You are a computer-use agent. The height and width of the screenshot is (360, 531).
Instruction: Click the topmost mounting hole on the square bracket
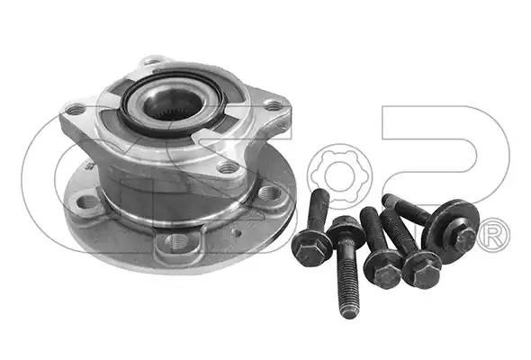[x=152, y=61]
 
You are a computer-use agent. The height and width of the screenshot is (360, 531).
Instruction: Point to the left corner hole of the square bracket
[x=76, y=109]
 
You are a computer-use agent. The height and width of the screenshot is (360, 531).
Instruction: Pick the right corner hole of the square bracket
[x=273, y=105]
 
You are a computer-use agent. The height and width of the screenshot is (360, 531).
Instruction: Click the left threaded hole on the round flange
[x=87, y=202]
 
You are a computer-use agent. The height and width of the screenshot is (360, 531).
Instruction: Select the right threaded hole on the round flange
[x=269, y=193]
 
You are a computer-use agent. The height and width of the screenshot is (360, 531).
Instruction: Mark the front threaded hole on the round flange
[x=177, y=241]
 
